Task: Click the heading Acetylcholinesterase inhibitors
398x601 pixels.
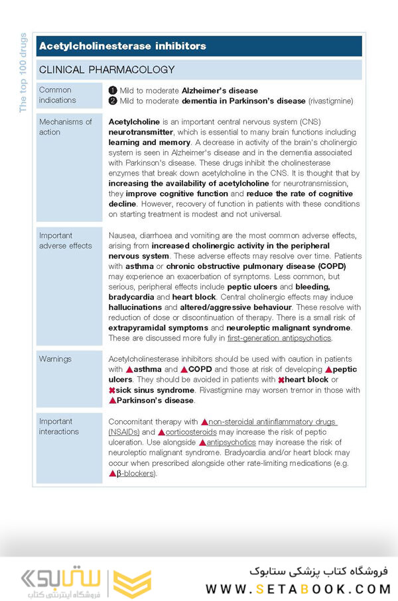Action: pos(123,46)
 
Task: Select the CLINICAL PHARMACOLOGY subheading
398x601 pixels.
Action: pos(107,70)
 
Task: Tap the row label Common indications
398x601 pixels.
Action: pos(58,95)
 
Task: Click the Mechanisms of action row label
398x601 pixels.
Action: pos(65,127)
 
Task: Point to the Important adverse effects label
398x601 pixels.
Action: pos(65,241)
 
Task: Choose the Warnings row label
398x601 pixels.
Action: pos(55,359)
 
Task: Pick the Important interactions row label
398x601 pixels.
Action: pos(59,426)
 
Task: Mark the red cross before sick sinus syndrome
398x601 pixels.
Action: pos(112,390)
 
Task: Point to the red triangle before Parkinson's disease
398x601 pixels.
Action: pos(112,401)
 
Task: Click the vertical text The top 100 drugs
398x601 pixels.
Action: pos(23,73)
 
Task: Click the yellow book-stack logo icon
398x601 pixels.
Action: pos(132,584)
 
